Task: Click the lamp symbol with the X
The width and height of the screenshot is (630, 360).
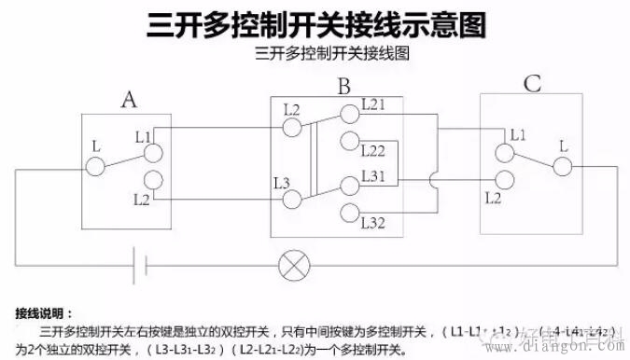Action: click(294, 266)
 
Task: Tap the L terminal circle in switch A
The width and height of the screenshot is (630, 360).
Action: click(94, 167)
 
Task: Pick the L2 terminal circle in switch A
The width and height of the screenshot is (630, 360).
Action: click(154, 179)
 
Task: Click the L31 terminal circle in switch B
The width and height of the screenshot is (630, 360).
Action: click(349, 182)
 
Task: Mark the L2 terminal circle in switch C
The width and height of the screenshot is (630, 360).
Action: click(506, 180)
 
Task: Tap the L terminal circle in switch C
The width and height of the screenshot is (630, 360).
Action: click(562, 166)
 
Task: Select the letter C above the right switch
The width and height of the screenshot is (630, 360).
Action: click(532, 84)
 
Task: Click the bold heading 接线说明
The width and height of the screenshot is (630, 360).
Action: click(44, 312)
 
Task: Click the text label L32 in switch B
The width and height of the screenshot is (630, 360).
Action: click(373, 223)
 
